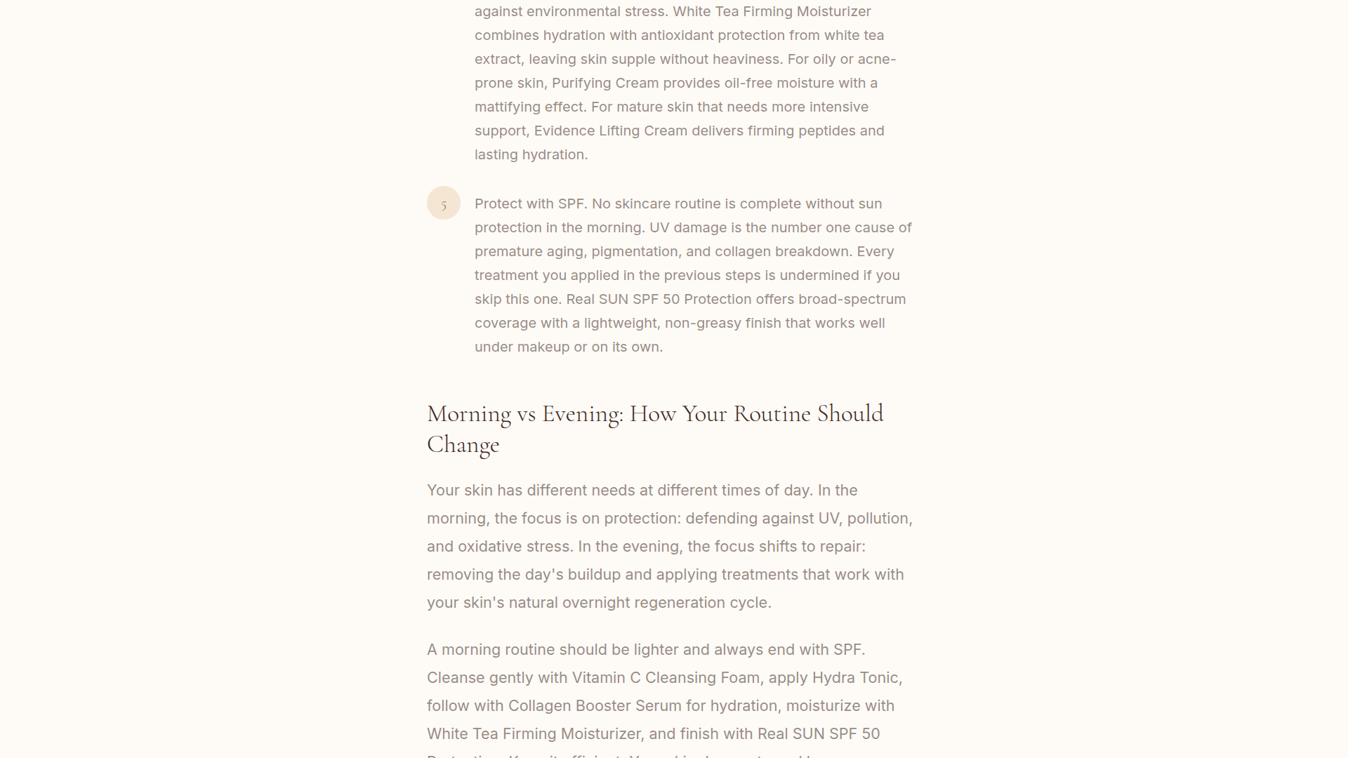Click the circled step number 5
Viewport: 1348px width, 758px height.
tap(444, 204)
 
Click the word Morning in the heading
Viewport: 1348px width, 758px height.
tap(469, 414)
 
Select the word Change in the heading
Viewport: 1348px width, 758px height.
tap(463, 445)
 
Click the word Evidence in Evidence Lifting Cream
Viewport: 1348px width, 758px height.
tap(564, 131)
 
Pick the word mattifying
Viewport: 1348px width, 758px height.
tap(508, 107)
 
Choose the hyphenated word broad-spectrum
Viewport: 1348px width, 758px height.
tap(852, 300)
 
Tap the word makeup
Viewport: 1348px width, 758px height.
tap(543, 347)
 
